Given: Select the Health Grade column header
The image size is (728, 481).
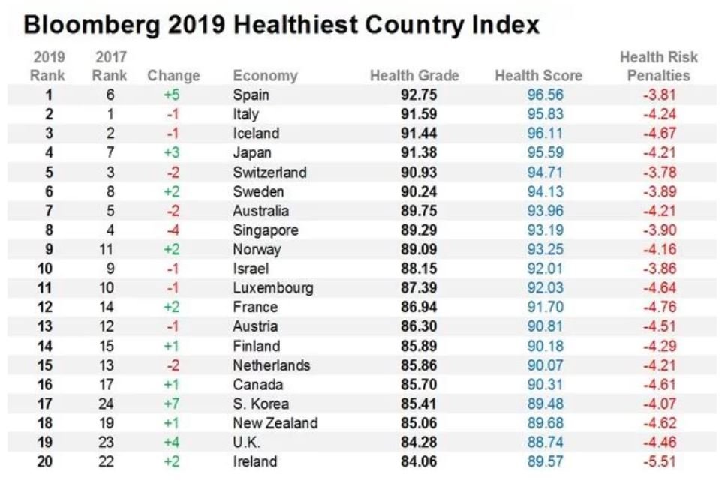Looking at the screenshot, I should pos(414,76).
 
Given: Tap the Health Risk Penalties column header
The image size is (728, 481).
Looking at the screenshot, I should pos(658,67).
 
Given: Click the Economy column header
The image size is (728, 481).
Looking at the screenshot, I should pos(265,76).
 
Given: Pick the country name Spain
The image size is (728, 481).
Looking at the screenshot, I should pos(251,95).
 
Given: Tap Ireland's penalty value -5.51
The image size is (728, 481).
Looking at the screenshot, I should pos(660,461).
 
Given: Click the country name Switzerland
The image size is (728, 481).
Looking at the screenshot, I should pos(269,172).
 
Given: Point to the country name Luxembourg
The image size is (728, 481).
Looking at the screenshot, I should pos(272,287).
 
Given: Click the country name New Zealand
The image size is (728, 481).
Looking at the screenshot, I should pos(275,422).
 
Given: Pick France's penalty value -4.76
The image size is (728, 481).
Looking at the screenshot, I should pos(660,307).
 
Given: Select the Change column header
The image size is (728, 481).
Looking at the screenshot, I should pos(173,76).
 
